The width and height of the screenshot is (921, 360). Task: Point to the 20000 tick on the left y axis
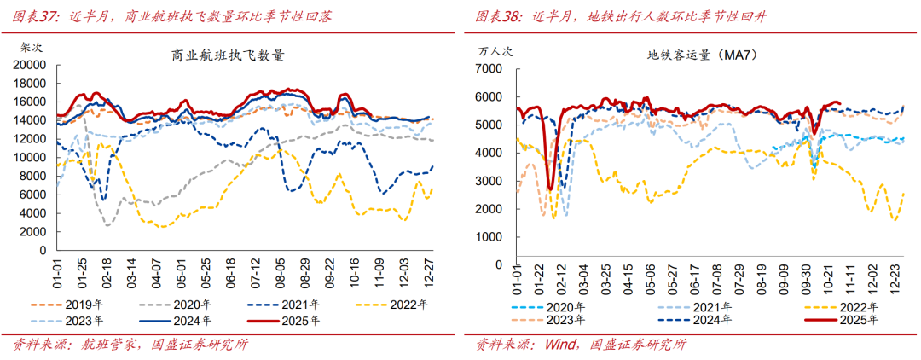[x=28, y=65]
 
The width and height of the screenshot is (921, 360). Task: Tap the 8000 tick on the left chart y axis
[x=32, y=177]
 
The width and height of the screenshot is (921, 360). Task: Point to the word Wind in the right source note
[x=559, y=345]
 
